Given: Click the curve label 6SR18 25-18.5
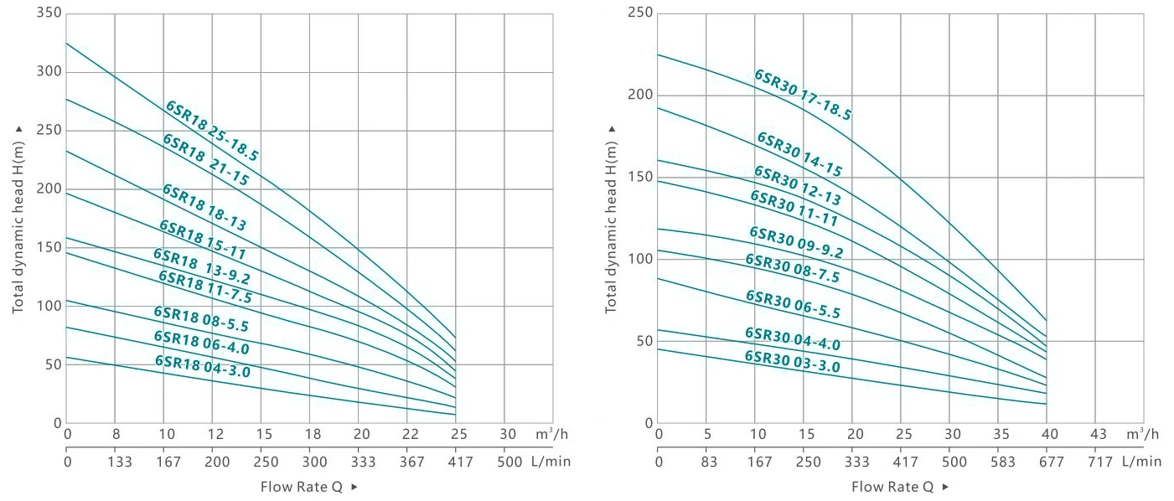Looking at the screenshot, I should point(212,131).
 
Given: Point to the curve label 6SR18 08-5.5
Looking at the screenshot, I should point(201,319).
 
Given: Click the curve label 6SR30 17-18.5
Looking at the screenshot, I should point(803,95).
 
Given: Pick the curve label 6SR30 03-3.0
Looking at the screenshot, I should point(792,361).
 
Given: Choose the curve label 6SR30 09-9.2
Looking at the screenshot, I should point(796,242).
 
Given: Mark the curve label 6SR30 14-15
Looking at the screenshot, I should point(799,154).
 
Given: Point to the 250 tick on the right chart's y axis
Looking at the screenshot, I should point(641,13).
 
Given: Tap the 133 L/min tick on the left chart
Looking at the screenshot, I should point(116,462).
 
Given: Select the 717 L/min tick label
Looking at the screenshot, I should point(1099,462).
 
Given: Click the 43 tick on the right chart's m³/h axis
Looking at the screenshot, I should point(1099,434).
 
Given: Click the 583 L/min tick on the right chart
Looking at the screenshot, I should point(1001,462).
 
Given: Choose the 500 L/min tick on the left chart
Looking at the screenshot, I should point(508,462).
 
